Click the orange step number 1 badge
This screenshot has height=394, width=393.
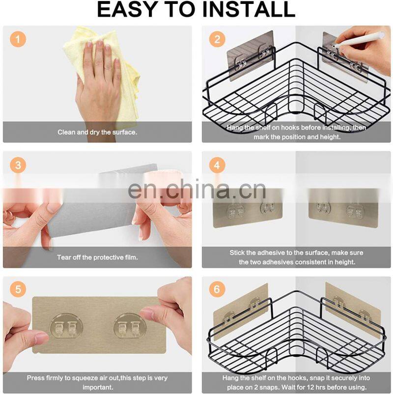point(18,39)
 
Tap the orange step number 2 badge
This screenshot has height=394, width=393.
point(217,39)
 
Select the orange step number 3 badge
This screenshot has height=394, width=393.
point(18,165)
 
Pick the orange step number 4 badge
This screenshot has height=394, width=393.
point(217,165)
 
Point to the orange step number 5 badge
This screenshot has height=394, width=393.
point(18,289)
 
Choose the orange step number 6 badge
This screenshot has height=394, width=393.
point(217,289)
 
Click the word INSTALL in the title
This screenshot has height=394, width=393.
point(249,9)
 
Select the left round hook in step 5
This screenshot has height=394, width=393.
point(66,326)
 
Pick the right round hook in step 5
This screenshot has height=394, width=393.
point(130,326)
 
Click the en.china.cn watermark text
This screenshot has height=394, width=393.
point(197,190)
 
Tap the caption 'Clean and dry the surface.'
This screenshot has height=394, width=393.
point(97,132)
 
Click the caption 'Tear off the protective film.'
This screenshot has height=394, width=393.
point(97,257)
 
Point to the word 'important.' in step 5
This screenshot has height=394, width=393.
point(98,387)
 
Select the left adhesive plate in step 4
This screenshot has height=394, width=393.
point(248,208)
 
